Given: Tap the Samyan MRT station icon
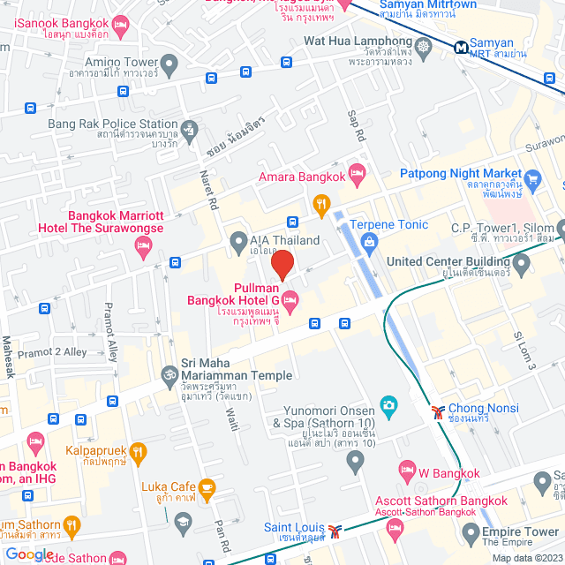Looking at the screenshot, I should [x=461, y=48].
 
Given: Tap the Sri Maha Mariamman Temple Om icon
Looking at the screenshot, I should [x=169, y=375].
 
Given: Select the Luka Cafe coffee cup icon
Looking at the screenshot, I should [x=207, y=487].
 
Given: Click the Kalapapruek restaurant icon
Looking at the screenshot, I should [x=138, y=453].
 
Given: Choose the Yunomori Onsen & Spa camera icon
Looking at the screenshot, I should [x=388, y=405].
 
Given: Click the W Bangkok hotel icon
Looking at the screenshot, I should [x=407, y=469].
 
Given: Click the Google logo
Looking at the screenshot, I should [x=29, y=554].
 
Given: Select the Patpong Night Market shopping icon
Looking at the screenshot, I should [x=531, y=181].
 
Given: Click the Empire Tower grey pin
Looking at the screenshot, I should [x=469, y=532].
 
